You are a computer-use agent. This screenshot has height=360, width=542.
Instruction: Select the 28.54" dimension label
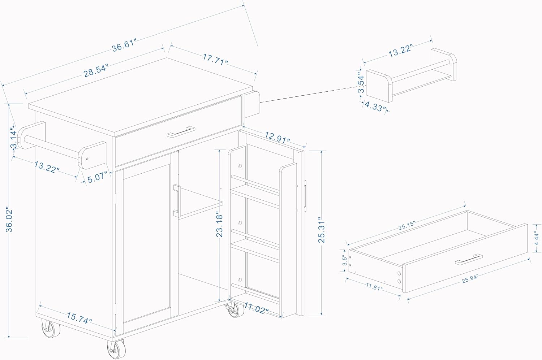[96, 71]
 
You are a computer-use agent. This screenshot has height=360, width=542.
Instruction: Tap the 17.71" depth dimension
[215, 59]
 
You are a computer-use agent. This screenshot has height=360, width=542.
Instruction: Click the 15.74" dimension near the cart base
[79, 318]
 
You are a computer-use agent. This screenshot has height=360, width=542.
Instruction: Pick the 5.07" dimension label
[96, 177]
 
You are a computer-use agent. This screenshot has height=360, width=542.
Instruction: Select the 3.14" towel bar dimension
[14, 138]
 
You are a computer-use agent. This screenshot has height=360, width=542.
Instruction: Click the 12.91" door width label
[277, 138]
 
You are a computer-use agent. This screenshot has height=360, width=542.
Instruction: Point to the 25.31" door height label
[321, 230]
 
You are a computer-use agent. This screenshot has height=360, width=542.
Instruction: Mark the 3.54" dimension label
[361, 83]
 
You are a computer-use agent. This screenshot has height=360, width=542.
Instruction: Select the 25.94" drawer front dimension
[470, 278]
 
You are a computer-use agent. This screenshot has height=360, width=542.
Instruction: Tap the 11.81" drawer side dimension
[373, 288]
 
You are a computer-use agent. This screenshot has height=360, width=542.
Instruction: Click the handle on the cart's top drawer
[181, 132]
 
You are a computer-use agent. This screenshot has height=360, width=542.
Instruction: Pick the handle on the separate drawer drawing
[469, 259]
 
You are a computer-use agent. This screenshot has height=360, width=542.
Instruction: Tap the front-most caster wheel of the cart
[117, 349]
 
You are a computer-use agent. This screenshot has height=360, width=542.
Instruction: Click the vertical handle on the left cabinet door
[176, 200]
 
